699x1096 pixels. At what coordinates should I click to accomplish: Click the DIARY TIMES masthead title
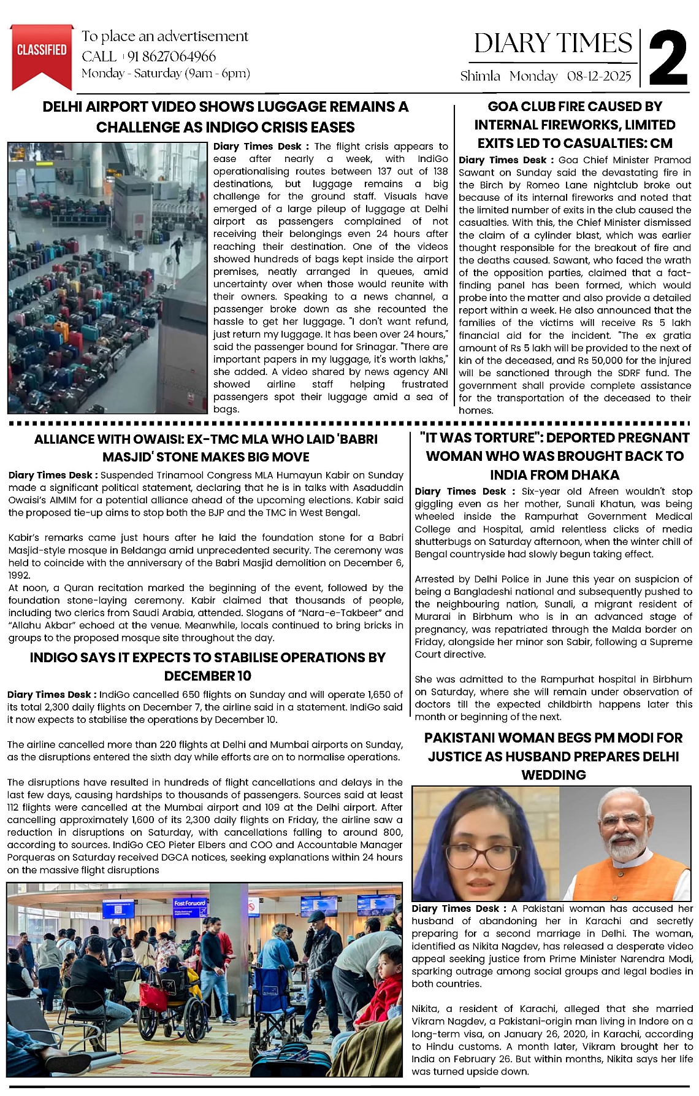pos(553,43)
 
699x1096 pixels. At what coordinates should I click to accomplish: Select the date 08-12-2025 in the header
pos(599,77)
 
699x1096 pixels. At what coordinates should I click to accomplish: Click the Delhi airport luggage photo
pos(107,277)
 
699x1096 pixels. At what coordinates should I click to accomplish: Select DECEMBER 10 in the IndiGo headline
pos(207,676)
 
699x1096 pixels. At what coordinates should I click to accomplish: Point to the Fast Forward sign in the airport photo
pos(189,903)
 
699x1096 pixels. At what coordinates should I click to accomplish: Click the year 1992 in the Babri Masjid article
pos(18,576)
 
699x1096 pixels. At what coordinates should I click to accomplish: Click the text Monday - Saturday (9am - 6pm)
pos(166,74)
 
